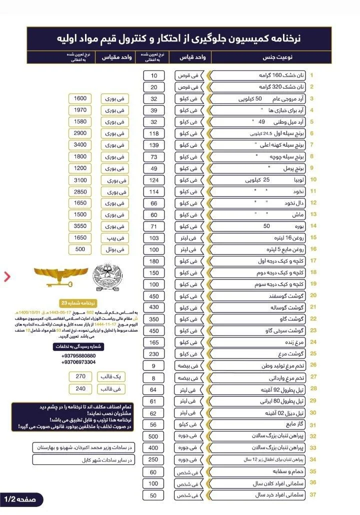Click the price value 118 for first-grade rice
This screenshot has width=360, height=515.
[153, 133]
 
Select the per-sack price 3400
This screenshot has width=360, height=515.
[80, 145]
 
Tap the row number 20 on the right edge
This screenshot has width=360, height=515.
[312, 295]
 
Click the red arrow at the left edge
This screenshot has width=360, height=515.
[7, 276]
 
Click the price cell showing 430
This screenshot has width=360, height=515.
[153, 307]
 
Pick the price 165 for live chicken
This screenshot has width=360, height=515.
[153, 342]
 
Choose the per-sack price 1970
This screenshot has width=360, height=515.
[80, 110]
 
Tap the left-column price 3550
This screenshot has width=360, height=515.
[80, 226]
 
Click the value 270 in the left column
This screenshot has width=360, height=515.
[80, 376]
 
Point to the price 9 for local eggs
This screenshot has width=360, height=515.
[153, 365]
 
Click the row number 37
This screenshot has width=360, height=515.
[312, 494]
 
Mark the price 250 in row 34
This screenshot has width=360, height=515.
[153, 459]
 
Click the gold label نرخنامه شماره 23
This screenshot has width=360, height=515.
[78, 303]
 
